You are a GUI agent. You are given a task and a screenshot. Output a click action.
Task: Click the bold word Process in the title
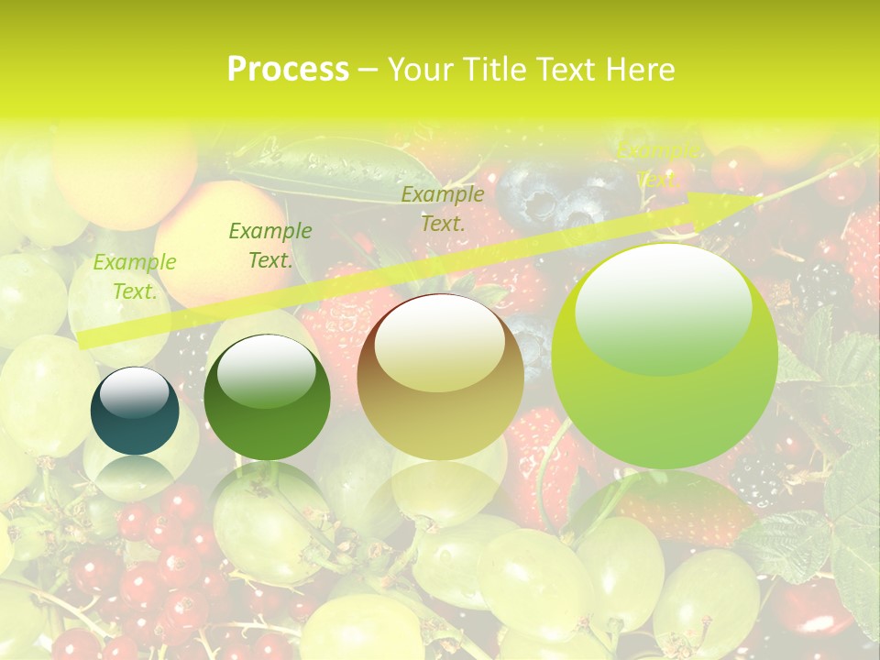click(x=288, y=69)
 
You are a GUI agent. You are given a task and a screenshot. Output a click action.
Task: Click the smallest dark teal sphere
click(x=135, y=412)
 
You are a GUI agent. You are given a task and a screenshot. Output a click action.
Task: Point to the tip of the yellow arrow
click(x=763, y=195)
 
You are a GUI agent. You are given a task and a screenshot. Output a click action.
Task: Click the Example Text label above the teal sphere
click(x=135, y=277)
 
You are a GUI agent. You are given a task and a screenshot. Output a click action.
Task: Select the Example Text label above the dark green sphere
click(x=270, y=246)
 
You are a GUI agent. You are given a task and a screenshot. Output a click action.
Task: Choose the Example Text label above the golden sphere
click(x=443, y=208)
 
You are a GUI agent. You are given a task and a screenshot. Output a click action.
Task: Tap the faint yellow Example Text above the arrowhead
click(x=657, y=165)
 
